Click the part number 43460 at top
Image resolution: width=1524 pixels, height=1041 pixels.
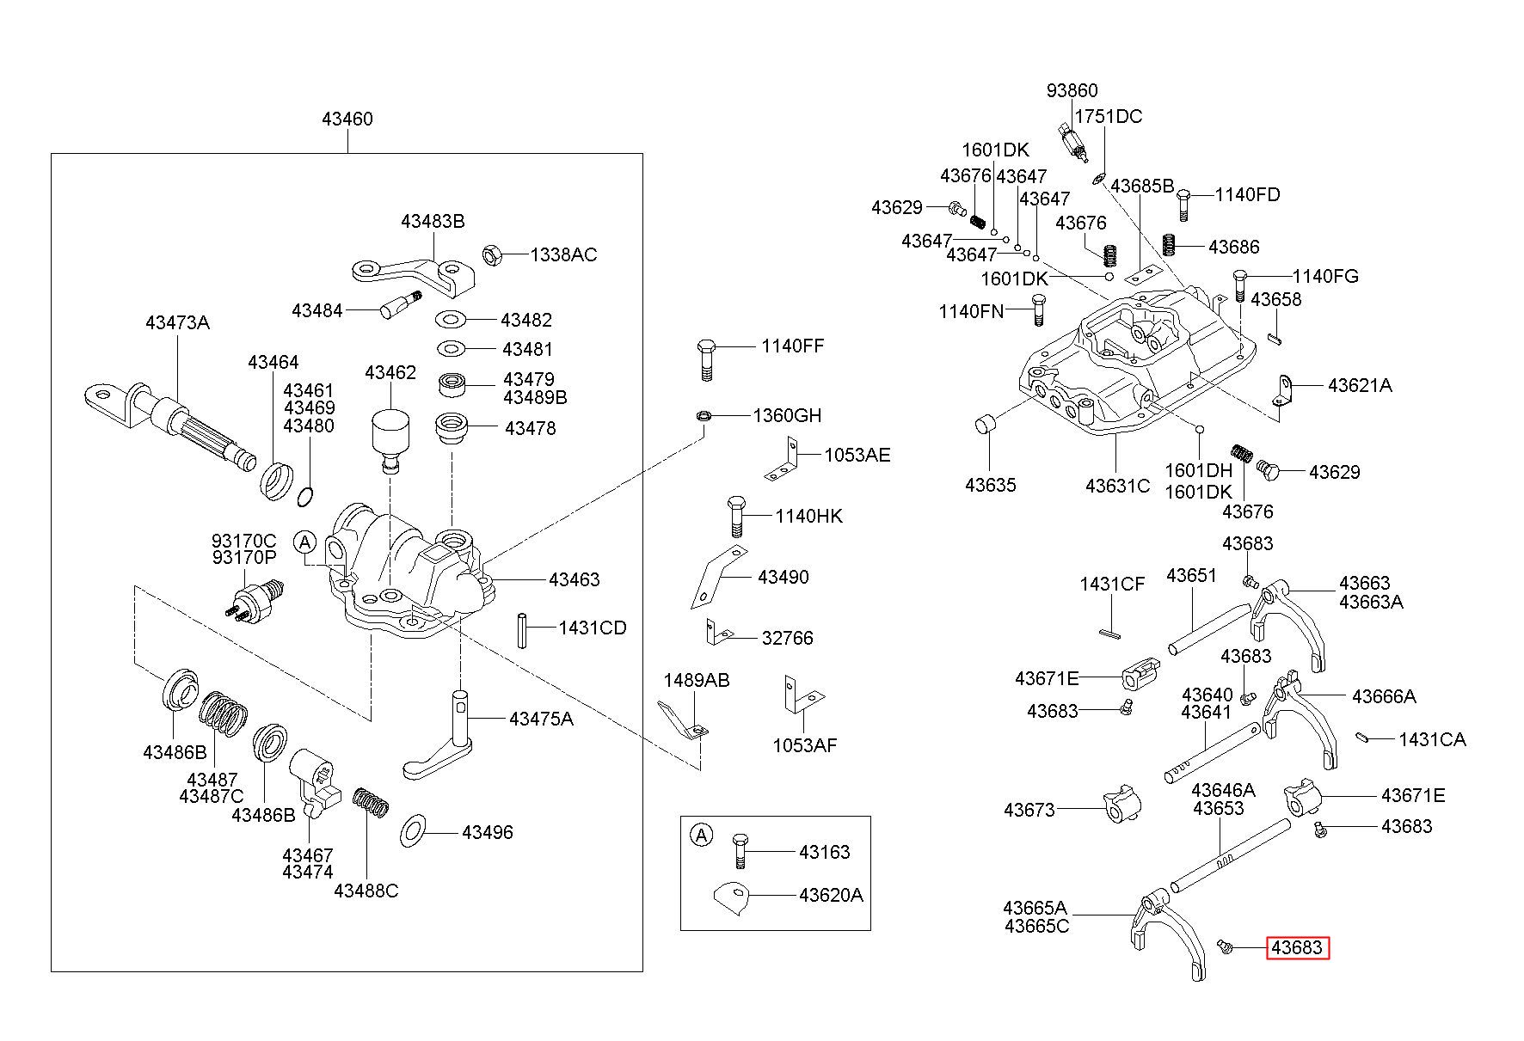347,119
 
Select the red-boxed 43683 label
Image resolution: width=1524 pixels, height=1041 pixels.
1296,948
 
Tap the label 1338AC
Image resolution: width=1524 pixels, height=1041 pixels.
563,254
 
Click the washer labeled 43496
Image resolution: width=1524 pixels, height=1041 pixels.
413,832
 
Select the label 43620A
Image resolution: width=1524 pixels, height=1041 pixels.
831,895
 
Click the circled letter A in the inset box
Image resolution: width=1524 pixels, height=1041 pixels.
703,835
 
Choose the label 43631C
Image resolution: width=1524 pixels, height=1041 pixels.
1117,486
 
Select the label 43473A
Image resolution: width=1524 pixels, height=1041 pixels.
177,323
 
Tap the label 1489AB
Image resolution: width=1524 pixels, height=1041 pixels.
696,681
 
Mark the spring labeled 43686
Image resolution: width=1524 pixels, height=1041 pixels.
1169,245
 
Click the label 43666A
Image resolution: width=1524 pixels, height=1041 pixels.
1384,696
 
